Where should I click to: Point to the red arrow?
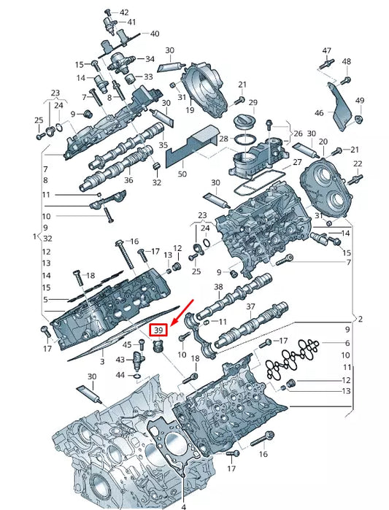180,309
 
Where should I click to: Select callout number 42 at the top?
123,12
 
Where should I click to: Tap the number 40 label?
154,34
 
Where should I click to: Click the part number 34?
150,58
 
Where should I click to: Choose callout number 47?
326,50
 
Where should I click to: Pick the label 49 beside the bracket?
359,100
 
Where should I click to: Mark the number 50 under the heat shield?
182,174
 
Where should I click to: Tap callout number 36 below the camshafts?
128,181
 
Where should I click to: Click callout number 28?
224,138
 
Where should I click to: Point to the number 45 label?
126,344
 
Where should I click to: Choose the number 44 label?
121,374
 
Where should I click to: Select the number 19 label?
189,111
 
